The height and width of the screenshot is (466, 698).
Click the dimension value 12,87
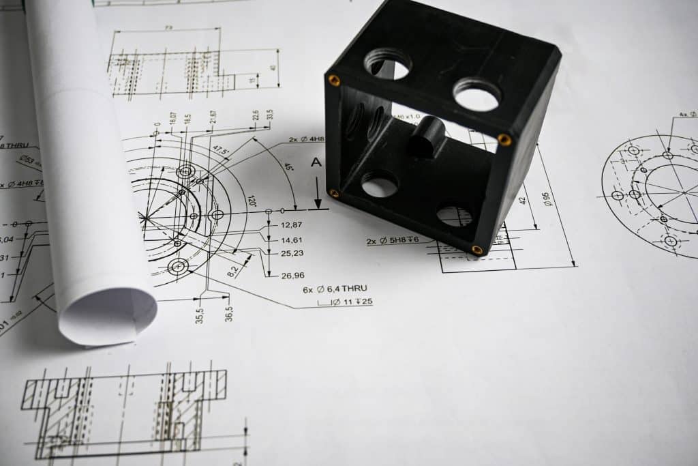[x=291, y=225]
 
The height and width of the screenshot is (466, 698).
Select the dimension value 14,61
[x=292, y=240]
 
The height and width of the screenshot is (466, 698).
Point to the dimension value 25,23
[x=292, y=253]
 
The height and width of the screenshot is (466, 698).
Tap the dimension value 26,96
[x=292, y=276]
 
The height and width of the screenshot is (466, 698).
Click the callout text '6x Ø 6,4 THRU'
[x=335, y=289]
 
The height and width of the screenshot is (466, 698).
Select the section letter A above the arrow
[x=315, y=162]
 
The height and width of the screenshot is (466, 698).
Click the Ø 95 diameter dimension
[x=546, y=199]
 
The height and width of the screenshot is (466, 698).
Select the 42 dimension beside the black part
[x=523, y=201]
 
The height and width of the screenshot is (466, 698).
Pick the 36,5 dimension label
[x=229, y=314]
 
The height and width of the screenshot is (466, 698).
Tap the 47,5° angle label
[x=221, y=149]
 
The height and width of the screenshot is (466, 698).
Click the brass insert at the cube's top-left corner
[x=334, y=81]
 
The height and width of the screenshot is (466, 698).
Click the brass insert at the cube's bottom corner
[x=476, y=250]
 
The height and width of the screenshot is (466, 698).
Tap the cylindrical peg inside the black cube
[x=427, y=136]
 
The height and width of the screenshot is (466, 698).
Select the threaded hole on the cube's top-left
[x=387, y=64]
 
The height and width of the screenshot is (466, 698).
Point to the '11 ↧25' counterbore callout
[x=352, y=302]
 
